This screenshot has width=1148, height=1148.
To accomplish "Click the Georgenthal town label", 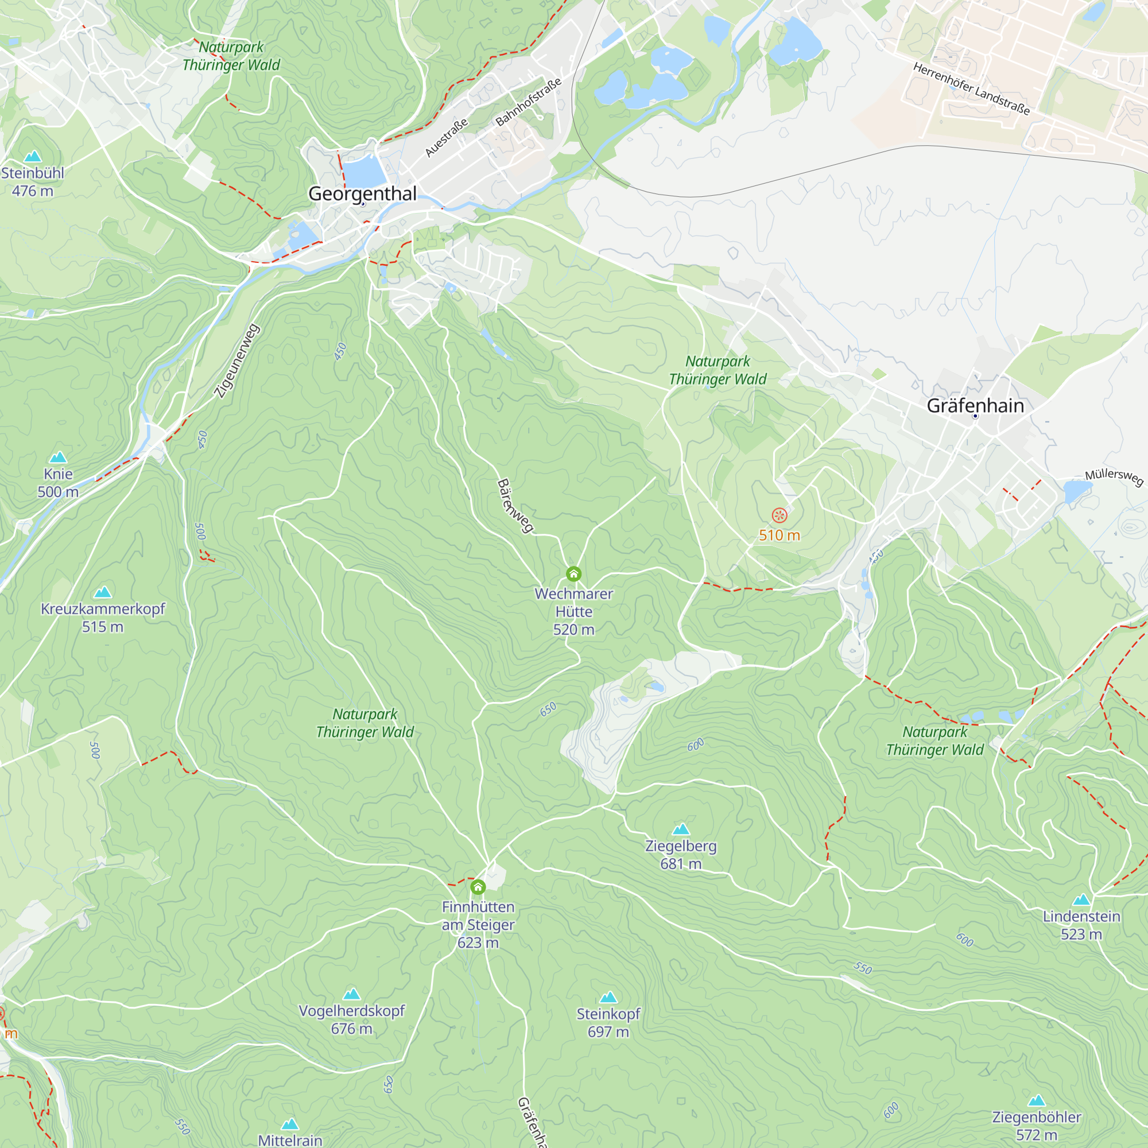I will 362,193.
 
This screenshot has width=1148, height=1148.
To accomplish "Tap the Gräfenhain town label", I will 975,406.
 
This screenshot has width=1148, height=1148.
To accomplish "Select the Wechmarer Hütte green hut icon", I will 573,574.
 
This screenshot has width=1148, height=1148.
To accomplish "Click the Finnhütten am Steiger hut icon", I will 478,888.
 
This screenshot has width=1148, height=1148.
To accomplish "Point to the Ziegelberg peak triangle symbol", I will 681,829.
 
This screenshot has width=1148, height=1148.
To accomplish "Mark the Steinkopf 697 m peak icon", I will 608,997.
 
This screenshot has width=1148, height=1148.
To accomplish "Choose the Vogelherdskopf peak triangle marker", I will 352,994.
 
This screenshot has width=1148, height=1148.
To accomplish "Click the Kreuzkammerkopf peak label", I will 103,609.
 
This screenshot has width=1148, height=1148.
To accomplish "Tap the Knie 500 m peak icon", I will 58,457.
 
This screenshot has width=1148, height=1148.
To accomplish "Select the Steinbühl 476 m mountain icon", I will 33,156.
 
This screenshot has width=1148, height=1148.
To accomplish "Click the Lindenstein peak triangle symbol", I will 1081,899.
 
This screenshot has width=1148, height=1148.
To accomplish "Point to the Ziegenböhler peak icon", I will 1036,1100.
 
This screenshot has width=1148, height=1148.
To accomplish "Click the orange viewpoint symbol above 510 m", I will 779,515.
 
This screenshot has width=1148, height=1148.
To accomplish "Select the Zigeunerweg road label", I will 236,360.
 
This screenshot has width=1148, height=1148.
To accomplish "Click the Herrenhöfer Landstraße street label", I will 971,88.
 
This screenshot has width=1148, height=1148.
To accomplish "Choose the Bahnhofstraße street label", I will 528,102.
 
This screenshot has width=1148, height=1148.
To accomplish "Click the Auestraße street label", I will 446,138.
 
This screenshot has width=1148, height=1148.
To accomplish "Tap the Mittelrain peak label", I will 290,1140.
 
